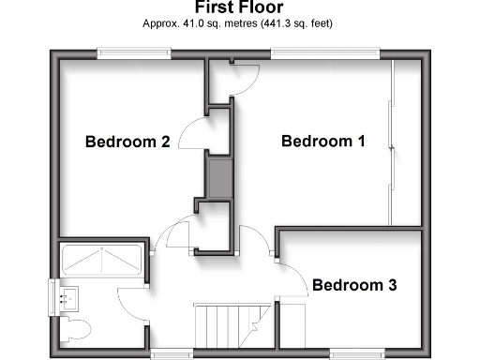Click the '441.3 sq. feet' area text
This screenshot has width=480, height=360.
pos(292,22)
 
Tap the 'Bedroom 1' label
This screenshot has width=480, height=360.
pos(323,142)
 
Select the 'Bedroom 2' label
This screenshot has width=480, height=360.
pos(127,142)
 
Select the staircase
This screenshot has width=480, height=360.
pos(224,324)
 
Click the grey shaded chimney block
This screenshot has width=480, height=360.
pos(219,179)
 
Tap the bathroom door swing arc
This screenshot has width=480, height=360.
pos(131,300)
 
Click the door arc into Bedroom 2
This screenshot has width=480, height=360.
pos(189,137)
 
